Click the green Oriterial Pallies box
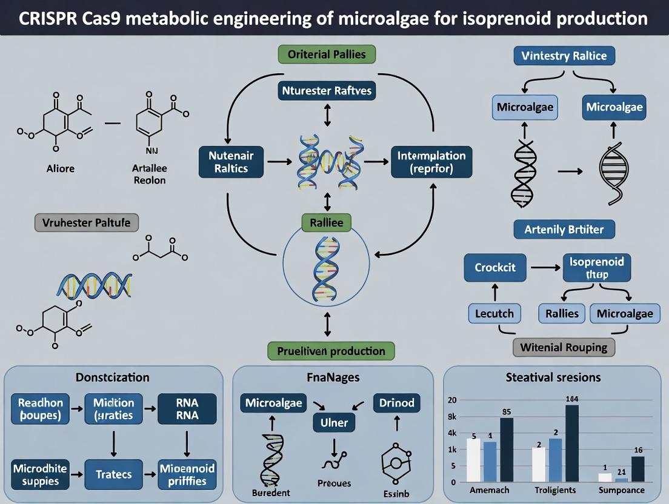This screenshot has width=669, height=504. point(327,54)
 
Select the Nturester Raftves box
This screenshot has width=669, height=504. point(327,91)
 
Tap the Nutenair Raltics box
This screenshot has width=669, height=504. point(231,162)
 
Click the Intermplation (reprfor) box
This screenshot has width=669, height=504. point(431,162)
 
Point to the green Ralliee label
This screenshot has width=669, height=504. point(327,223)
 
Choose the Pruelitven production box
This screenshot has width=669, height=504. point(331,351)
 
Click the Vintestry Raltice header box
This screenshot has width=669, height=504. point(564,56)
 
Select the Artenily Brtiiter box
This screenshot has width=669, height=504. point(564,229)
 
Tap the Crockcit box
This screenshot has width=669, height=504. point(495,267)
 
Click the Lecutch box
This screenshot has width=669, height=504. point(494,313)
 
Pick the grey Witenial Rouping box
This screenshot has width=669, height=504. point(564,347)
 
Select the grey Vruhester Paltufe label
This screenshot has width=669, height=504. point(86,222)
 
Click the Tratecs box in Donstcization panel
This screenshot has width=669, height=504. point(113,474)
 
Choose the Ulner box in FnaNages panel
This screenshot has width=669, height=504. point(333,423)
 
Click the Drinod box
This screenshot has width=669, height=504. point(396,403)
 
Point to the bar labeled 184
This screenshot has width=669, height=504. point(572,443)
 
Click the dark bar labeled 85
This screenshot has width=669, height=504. point(507,449)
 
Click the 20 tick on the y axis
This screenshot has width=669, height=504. point(451,400)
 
